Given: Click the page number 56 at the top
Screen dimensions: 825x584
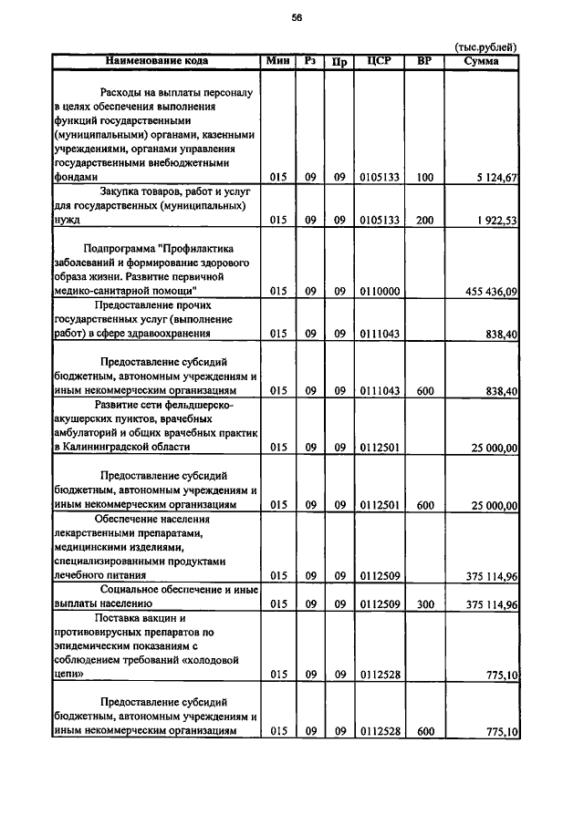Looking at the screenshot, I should coord(297,17).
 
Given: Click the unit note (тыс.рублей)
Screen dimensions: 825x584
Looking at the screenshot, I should coord(485,46).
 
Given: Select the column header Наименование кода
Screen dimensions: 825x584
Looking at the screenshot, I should coord(156,61).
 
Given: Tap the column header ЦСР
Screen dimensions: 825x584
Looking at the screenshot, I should coord(379,61).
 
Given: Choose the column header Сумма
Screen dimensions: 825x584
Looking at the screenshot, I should coord(481,61).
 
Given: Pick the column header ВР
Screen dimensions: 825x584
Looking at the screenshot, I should coord(424,61).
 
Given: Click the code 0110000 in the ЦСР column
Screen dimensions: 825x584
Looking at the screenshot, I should coord(379,291).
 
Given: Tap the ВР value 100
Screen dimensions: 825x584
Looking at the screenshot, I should coord(424,178).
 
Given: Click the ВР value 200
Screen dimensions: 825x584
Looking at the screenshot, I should coord(424,222).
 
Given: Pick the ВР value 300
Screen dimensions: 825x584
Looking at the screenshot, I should coord(424,603).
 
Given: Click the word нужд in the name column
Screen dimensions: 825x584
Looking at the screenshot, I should coord(68,222).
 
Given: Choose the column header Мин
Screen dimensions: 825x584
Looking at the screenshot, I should coord(277,61).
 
